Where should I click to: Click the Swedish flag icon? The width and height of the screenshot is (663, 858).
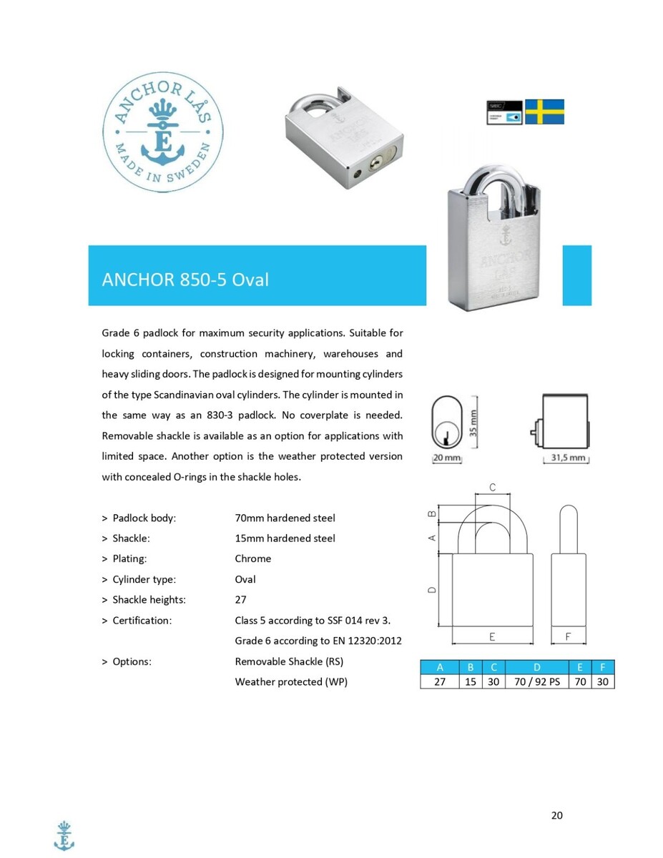pos(544,112)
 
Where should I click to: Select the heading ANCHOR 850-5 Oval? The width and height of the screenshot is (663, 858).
pos(185,280)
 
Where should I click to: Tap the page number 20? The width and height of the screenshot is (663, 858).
pos(557,815)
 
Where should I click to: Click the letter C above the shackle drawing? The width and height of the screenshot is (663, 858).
pos(492,487)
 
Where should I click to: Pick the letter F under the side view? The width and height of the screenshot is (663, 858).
pos(568,635)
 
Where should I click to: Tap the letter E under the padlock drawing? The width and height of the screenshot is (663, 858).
pos(492,635)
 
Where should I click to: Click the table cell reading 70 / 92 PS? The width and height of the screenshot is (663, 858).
pos(537,681)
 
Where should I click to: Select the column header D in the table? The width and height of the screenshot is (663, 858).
pos(537,668)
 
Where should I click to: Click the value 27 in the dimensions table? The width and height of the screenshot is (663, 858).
pos(439,681)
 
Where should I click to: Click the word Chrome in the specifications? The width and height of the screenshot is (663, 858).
pos(253,558)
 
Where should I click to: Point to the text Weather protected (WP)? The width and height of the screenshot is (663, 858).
pos(291,681)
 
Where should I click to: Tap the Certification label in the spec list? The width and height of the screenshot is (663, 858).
pos(142,620)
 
